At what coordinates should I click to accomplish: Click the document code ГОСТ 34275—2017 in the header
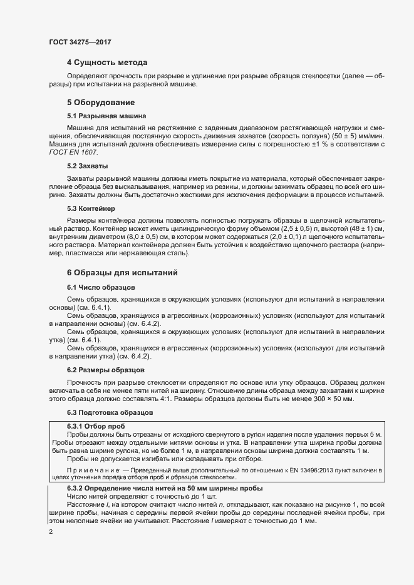point(80,42)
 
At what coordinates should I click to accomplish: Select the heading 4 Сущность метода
point(107,63)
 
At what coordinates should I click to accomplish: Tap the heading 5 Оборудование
point(101,102)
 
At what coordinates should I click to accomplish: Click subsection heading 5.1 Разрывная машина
point(106,116)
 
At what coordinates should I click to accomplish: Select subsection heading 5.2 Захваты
point(88,166)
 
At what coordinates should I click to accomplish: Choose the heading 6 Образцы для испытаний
point(123,273)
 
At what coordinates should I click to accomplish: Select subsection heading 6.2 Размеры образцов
point(106,370)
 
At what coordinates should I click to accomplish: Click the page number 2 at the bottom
point(51,532)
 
